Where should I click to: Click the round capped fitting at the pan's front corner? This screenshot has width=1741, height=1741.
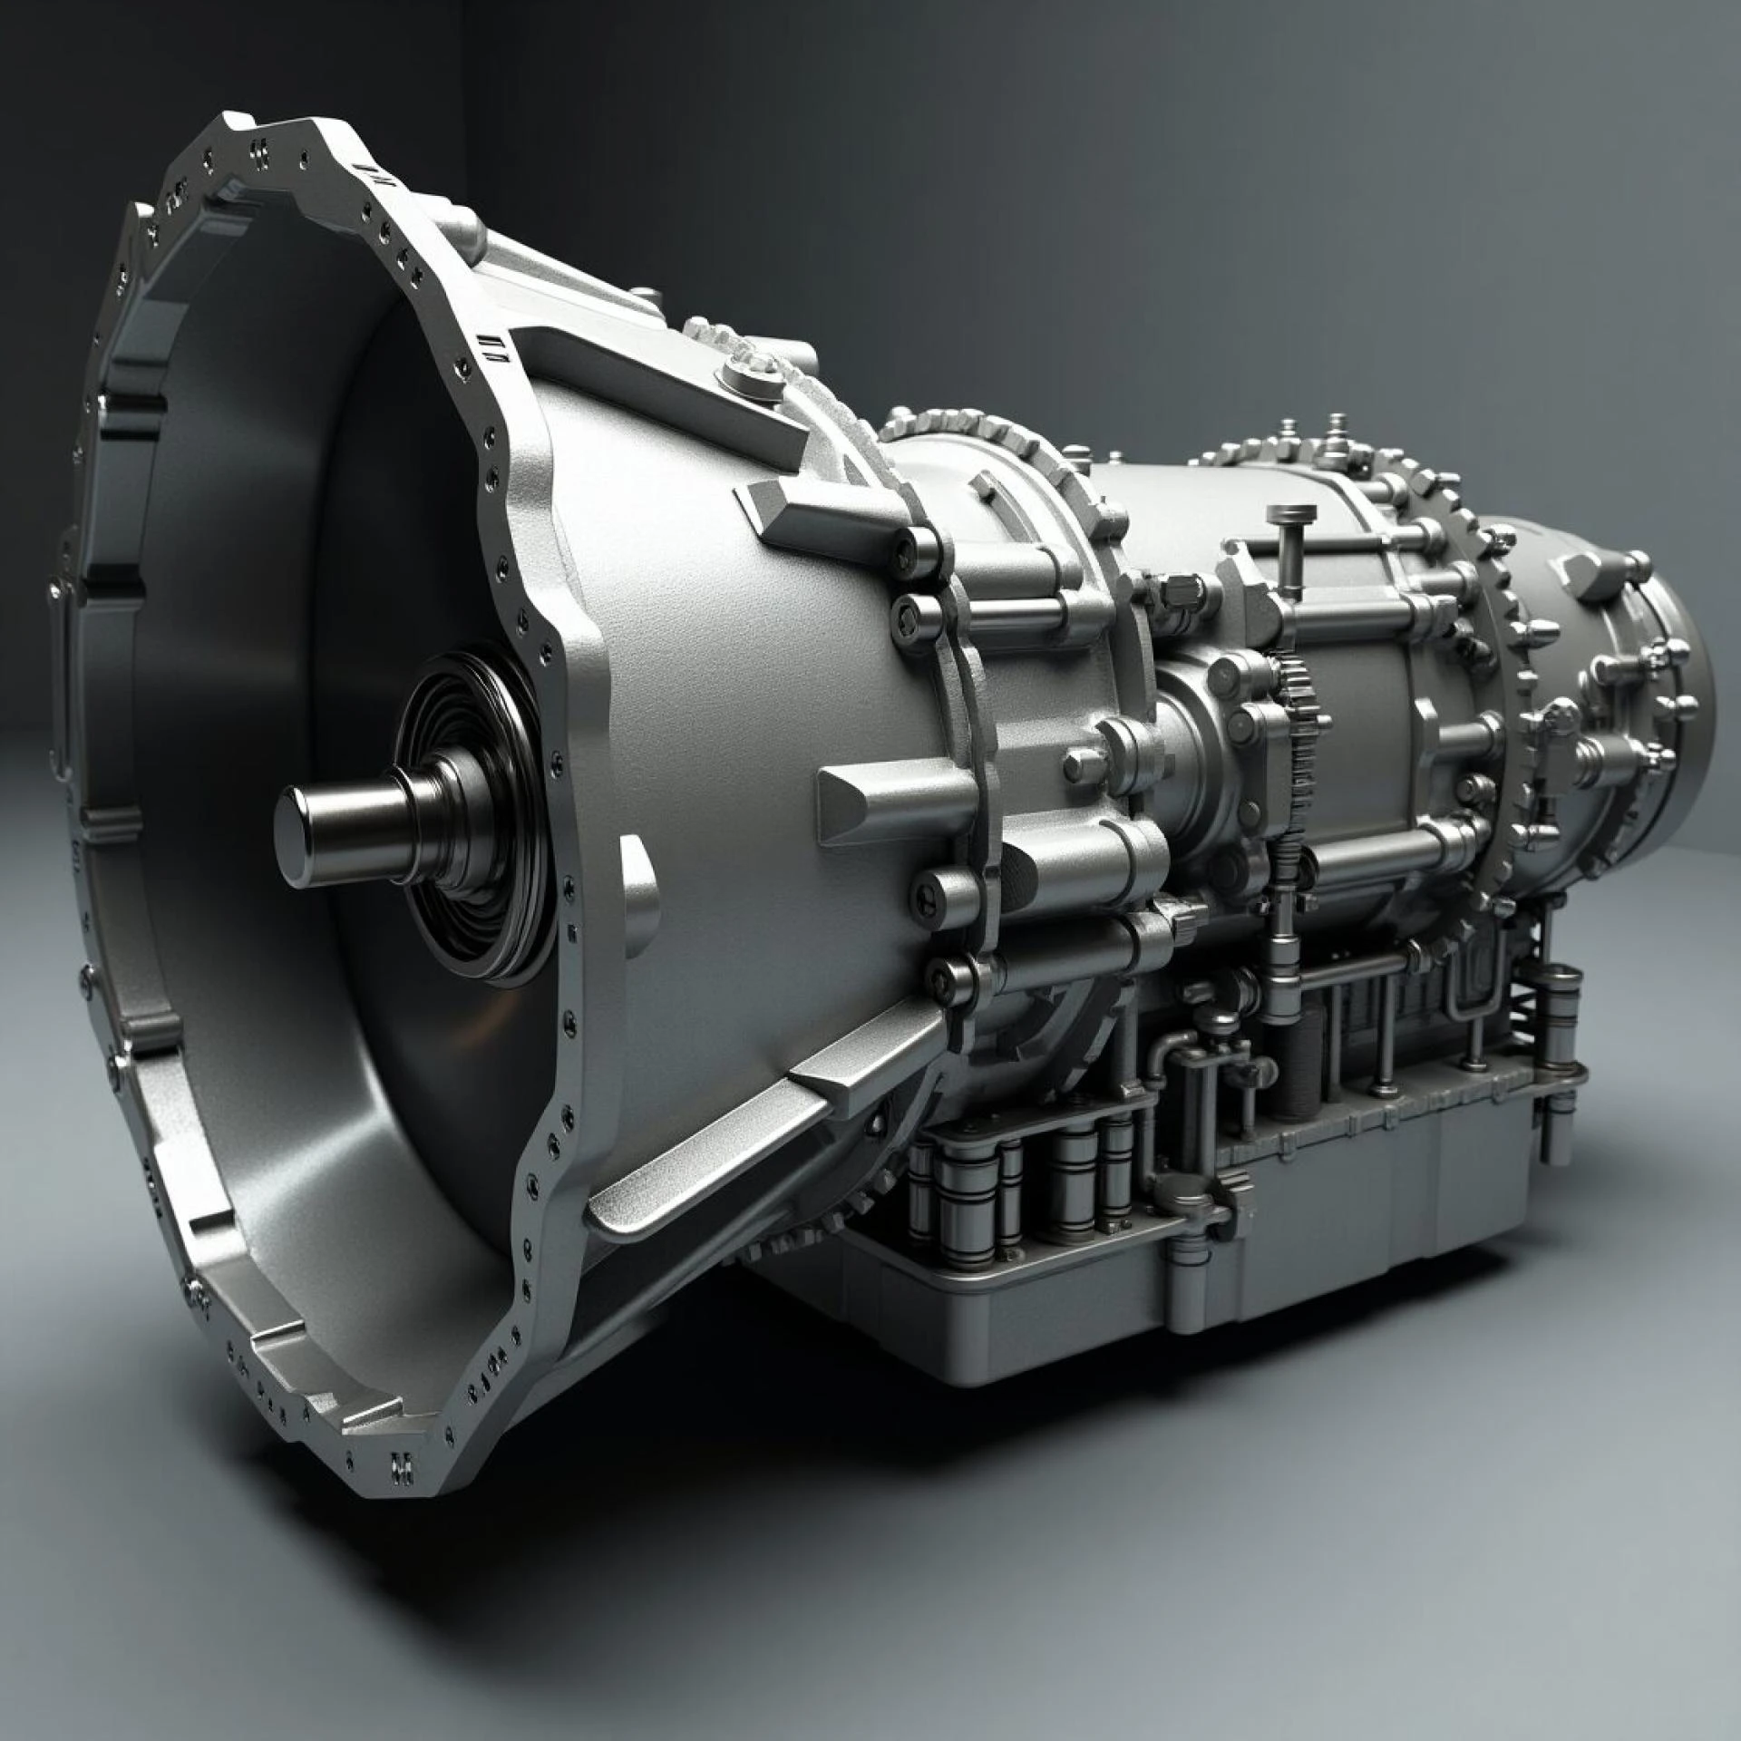coord(1188,1197)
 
